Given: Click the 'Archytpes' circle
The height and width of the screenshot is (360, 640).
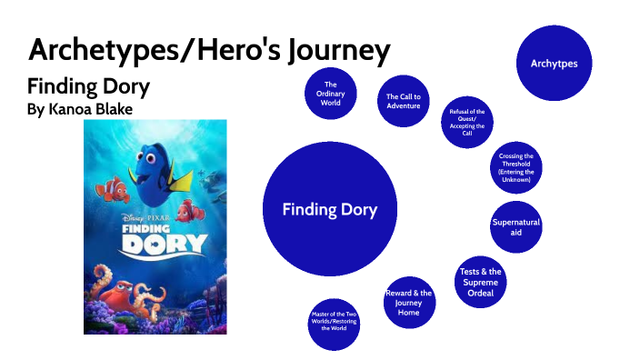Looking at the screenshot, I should point(555,64).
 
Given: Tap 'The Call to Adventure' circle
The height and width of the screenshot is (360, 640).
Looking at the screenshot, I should point(403,101).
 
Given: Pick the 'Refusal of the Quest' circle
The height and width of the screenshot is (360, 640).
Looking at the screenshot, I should point(467,122).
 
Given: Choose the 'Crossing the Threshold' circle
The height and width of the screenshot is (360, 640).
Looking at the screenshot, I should point(515,168).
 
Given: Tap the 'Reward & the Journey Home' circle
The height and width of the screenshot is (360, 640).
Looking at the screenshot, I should point(408,303).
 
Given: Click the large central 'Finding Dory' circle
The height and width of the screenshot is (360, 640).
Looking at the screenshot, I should point(329,210).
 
